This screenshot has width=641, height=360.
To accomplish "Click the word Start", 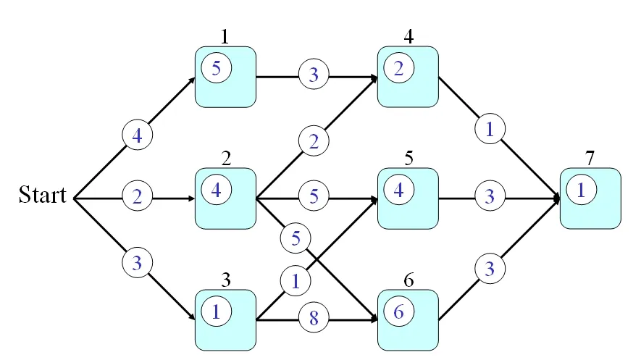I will [42, 196].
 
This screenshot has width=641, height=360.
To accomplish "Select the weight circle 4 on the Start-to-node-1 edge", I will [136, 135].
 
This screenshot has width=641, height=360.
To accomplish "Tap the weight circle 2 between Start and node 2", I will [136, 196].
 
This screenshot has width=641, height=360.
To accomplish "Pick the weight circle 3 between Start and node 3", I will [136, 261].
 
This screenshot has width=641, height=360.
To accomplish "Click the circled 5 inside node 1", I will [217, 68].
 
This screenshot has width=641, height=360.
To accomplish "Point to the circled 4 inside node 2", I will [217, 191].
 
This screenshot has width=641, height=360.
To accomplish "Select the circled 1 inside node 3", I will [217, 311].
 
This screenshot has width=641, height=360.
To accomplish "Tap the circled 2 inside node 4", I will [399, 68].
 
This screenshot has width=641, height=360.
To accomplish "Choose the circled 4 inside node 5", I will [399, 191].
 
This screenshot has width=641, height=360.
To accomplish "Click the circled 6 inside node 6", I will [399, 311].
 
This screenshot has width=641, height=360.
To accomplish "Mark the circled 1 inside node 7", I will [582, 191].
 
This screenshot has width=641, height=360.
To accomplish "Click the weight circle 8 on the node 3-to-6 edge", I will [314, 317].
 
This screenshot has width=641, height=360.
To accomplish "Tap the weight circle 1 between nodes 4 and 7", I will [490, 130].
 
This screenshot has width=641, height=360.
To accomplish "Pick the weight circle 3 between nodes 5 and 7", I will [490, 196].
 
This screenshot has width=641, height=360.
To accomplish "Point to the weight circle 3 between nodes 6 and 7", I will [490, 269].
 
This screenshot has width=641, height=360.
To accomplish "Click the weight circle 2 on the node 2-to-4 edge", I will [314, 142].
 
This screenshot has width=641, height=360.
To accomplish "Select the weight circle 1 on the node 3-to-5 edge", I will [296, 281].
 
